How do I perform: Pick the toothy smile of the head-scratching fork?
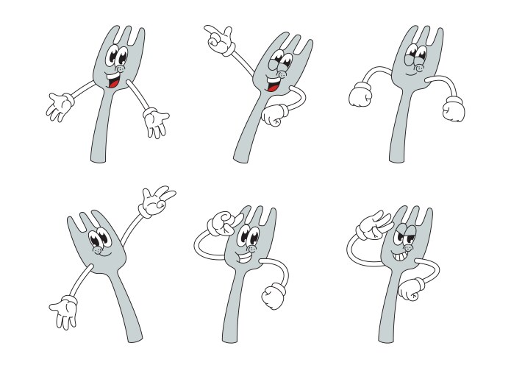pyautogui.click(x=244, y=258)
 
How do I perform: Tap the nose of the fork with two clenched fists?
pyautogui.click(x=418, y=68)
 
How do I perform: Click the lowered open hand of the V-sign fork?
pyautogui.click(x=63, y=311)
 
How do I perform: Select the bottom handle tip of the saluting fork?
pyautogui.click(x=383, y=337)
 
